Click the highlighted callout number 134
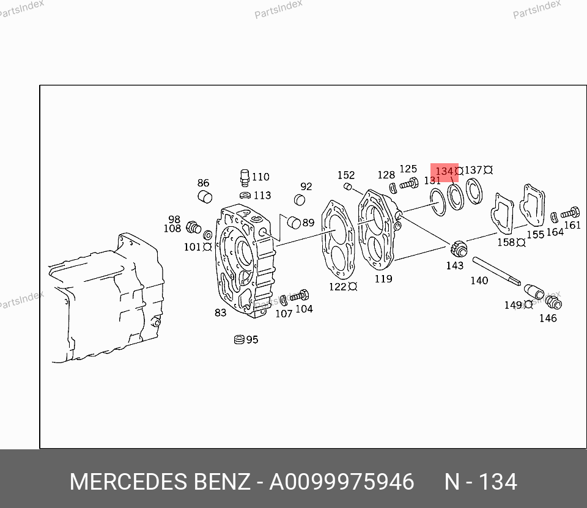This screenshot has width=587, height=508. tap(445, 171)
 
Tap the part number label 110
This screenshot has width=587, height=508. tap(260, 177)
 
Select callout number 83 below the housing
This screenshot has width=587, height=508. tap(221, 312)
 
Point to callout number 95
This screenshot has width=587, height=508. tap(253, 339)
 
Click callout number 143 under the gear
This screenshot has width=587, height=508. tap(455, 265)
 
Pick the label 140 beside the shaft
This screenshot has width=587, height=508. tap(479, 281)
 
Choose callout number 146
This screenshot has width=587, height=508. tap(548, 318)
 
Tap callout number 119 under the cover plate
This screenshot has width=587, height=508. tap(383, 279)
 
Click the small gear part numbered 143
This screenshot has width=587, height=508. tap(459, 249)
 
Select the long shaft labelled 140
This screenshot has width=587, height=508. tap(497, 271)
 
